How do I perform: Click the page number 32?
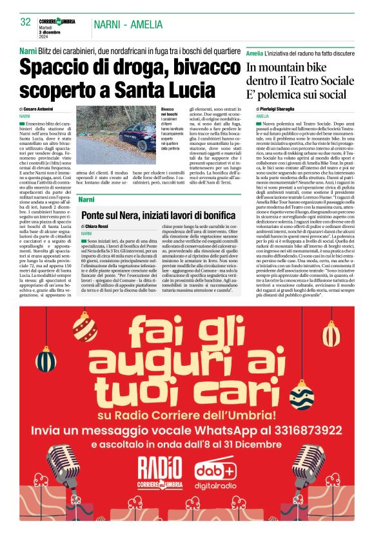pos(26,22)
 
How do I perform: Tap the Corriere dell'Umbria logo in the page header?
pos(59,22)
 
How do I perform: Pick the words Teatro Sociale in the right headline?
pos(310,82)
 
